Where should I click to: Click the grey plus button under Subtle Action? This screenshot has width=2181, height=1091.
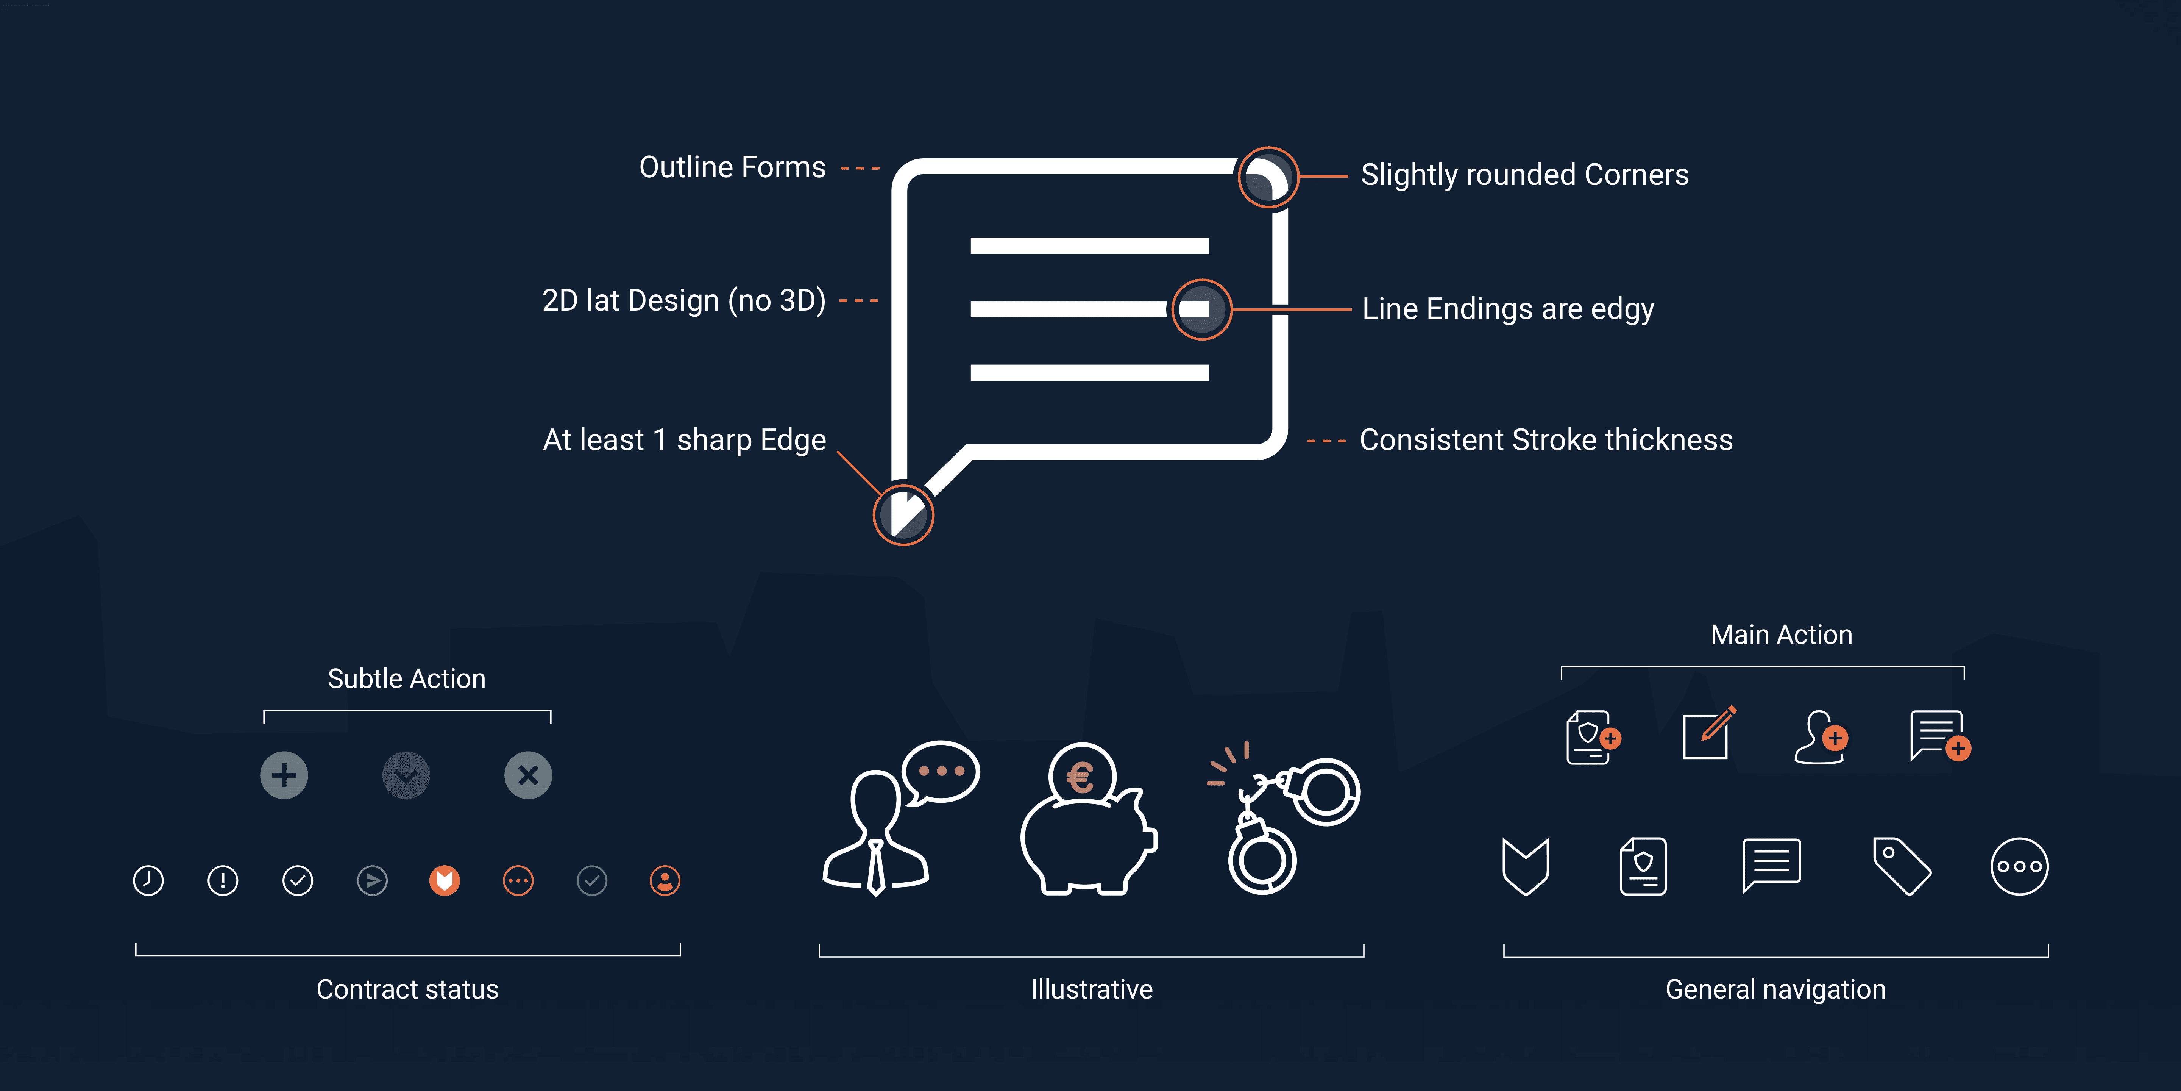tap(284, 775)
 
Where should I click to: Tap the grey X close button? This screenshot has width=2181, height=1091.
tap(528, 775)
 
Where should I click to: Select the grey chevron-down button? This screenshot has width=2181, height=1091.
tap(406, 775)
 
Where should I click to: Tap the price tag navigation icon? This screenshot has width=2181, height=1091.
tap(1902, 866)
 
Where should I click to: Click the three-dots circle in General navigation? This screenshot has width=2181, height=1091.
tap(2019, 866)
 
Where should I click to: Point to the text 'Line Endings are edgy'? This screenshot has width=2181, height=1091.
tap(1508, 309)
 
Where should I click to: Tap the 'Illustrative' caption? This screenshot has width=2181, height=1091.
tap(1091, 989)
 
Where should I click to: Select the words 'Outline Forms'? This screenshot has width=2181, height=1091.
tap(732, 167)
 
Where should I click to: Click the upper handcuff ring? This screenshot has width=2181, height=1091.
tap(1326, 792)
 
